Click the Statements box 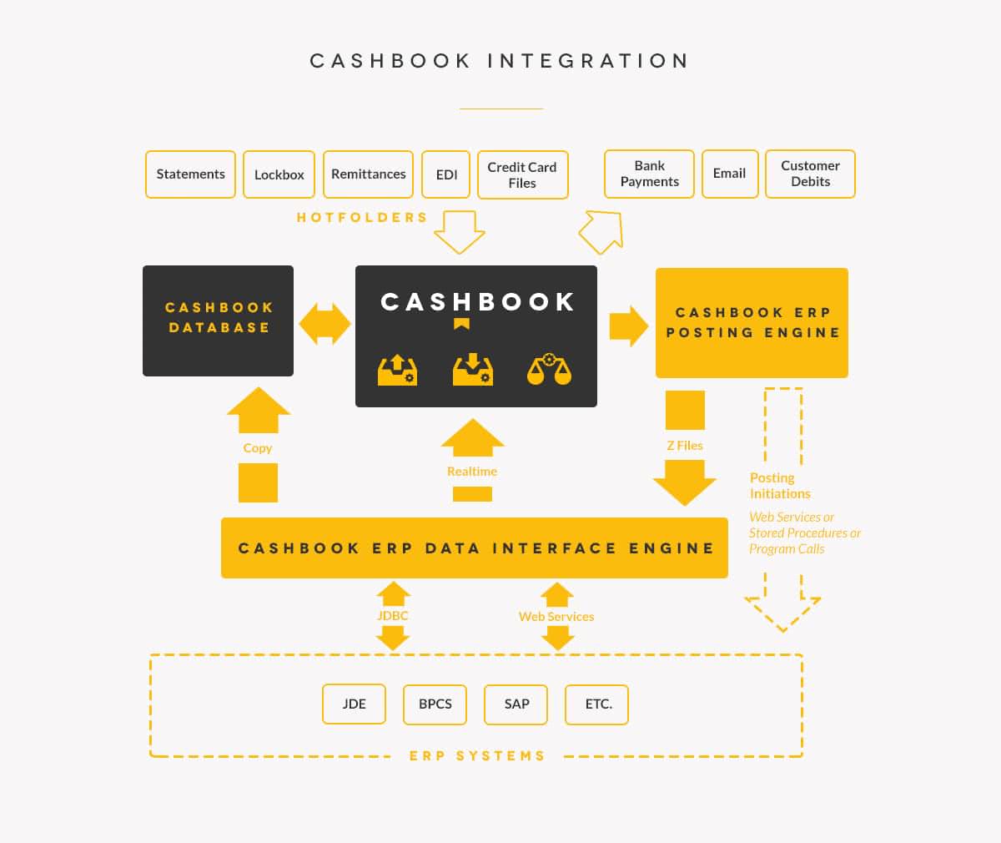(x=190, y=174)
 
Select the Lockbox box (x=279, y=174)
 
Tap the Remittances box (x=368, y=174)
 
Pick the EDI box (x=446, y=174)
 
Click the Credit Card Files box (x=522, y=175)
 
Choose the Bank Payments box (x=649, y=174)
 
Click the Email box (x=730, y=174)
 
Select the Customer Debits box (x=810, y=174)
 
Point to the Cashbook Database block (x=218, y=321)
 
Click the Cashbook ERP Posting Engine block (x=752, y=323)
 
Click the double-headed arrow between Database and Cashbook (x=324, y=324)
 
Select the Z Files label (x=685, y=446)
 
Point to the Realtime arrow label (x=472, y=472)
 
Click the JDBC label (x=392, y=616)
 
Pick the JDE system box (x=355, y=704)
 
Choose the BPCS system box (x=435, y=704)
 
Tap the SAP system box (x=516, y=704)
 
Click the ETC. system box (x=597, y=704)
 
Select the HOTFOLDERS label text (x=362, y=218)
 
